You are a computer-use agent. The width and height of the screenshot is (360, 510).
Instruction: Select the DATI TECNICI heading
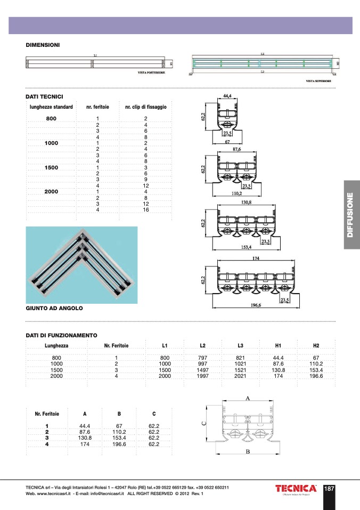[45, 96]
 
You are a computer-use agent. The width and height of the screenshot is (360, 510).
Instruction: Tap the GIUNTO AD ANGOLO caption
[54, 308]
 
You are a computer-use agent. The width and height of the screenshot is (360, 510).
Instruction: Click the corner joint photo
[81, 264]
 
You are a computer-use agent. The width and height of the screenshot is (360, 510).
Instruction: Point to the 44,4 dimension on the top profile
[227, 96]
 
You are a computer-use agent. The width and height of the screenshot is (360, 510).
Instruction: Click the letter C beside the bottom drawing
[203, 423]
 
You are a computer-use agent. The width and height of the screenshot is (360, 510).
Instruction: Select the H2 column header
[316, 346]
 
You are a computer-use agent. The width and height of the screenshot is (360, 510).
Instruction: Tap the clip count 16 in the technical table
[145, 210]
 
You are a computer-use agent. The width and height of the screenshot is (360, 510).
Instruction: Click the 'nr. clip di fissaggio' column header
[145, 107]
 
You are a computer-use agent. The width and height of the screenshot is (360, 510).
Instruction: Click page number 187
[329, 488]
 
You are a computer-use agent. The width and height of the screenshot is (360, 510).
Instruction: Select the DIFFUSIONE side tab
[351, 214]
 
